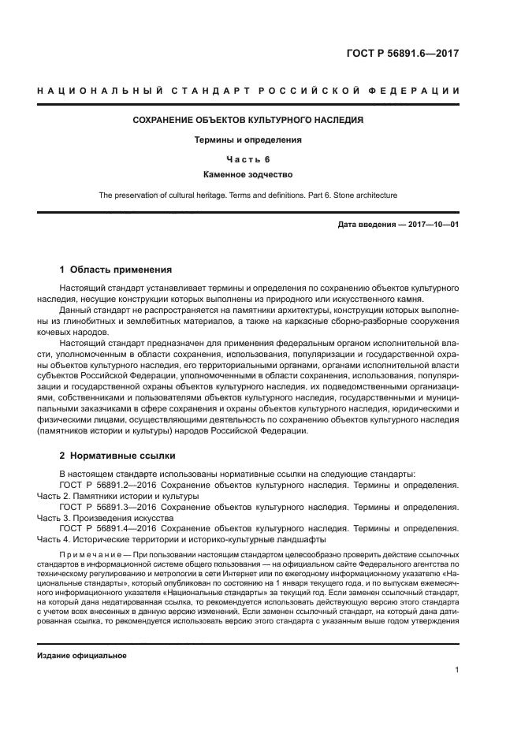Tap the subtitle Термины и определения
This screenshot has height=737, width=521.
coord(248,140)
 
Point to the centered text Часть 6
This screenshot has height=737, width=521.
coord(248,159)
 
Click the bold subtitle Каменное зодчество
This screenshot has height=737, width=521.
coord(248,175)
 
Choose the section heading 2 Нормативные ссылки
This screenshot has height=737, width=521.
coord(110,456)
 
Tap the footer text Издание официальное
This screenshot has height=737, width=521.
coord(82,655)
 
